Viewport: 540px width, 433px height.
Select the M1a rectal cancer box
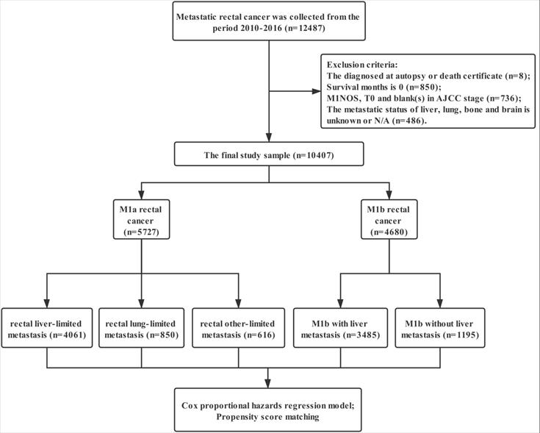point(142,221)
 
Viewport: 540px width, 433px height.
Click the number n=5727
point(142,232)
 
